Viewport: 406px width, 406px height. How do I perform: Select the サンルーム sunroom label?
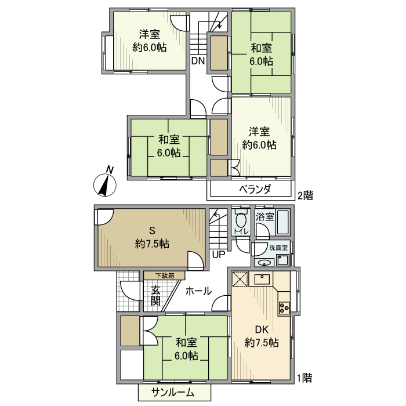click(173, 393)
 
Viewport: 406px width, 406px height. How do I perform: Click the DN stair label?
click(198, 60)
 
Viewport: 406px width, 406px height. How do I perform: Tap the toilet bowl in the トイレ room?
click(241, 222)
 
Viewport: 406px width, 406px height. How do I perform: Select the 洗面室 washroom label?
click(278, 248)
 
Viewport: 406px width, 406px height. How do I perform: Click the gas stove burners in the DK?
click(284, 307)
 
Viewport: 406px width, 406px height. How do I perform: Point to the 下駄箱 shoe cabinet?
click(165, 275)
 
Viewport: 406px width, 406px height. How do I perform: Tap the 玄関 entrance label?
click(156, 296)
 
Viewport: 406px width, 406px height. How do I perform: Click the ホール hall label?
click(198, 291)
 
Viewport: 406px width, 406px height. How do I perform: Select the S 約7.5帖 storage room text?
click(152, 237)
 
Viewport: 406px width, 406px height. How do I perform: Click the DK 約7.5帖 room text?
click(262, 336)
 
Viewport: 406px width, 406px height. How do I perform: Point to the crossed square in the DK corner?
click(240, 280)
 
